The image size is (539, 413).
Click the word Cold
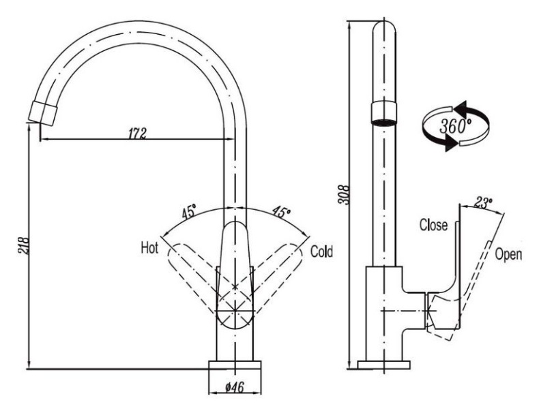click(x=321, y=251)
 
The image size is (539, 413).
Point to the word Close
click(x=433, y=226)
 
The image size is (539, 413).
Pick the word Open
click(x=509, y=254)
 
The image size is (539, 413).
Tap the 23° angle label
click(x=483, y=202)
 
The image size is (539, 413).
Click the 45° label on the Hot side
click(x=189, y=212)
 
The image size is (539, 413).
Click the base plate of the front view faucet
click(x=235, y=365)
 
